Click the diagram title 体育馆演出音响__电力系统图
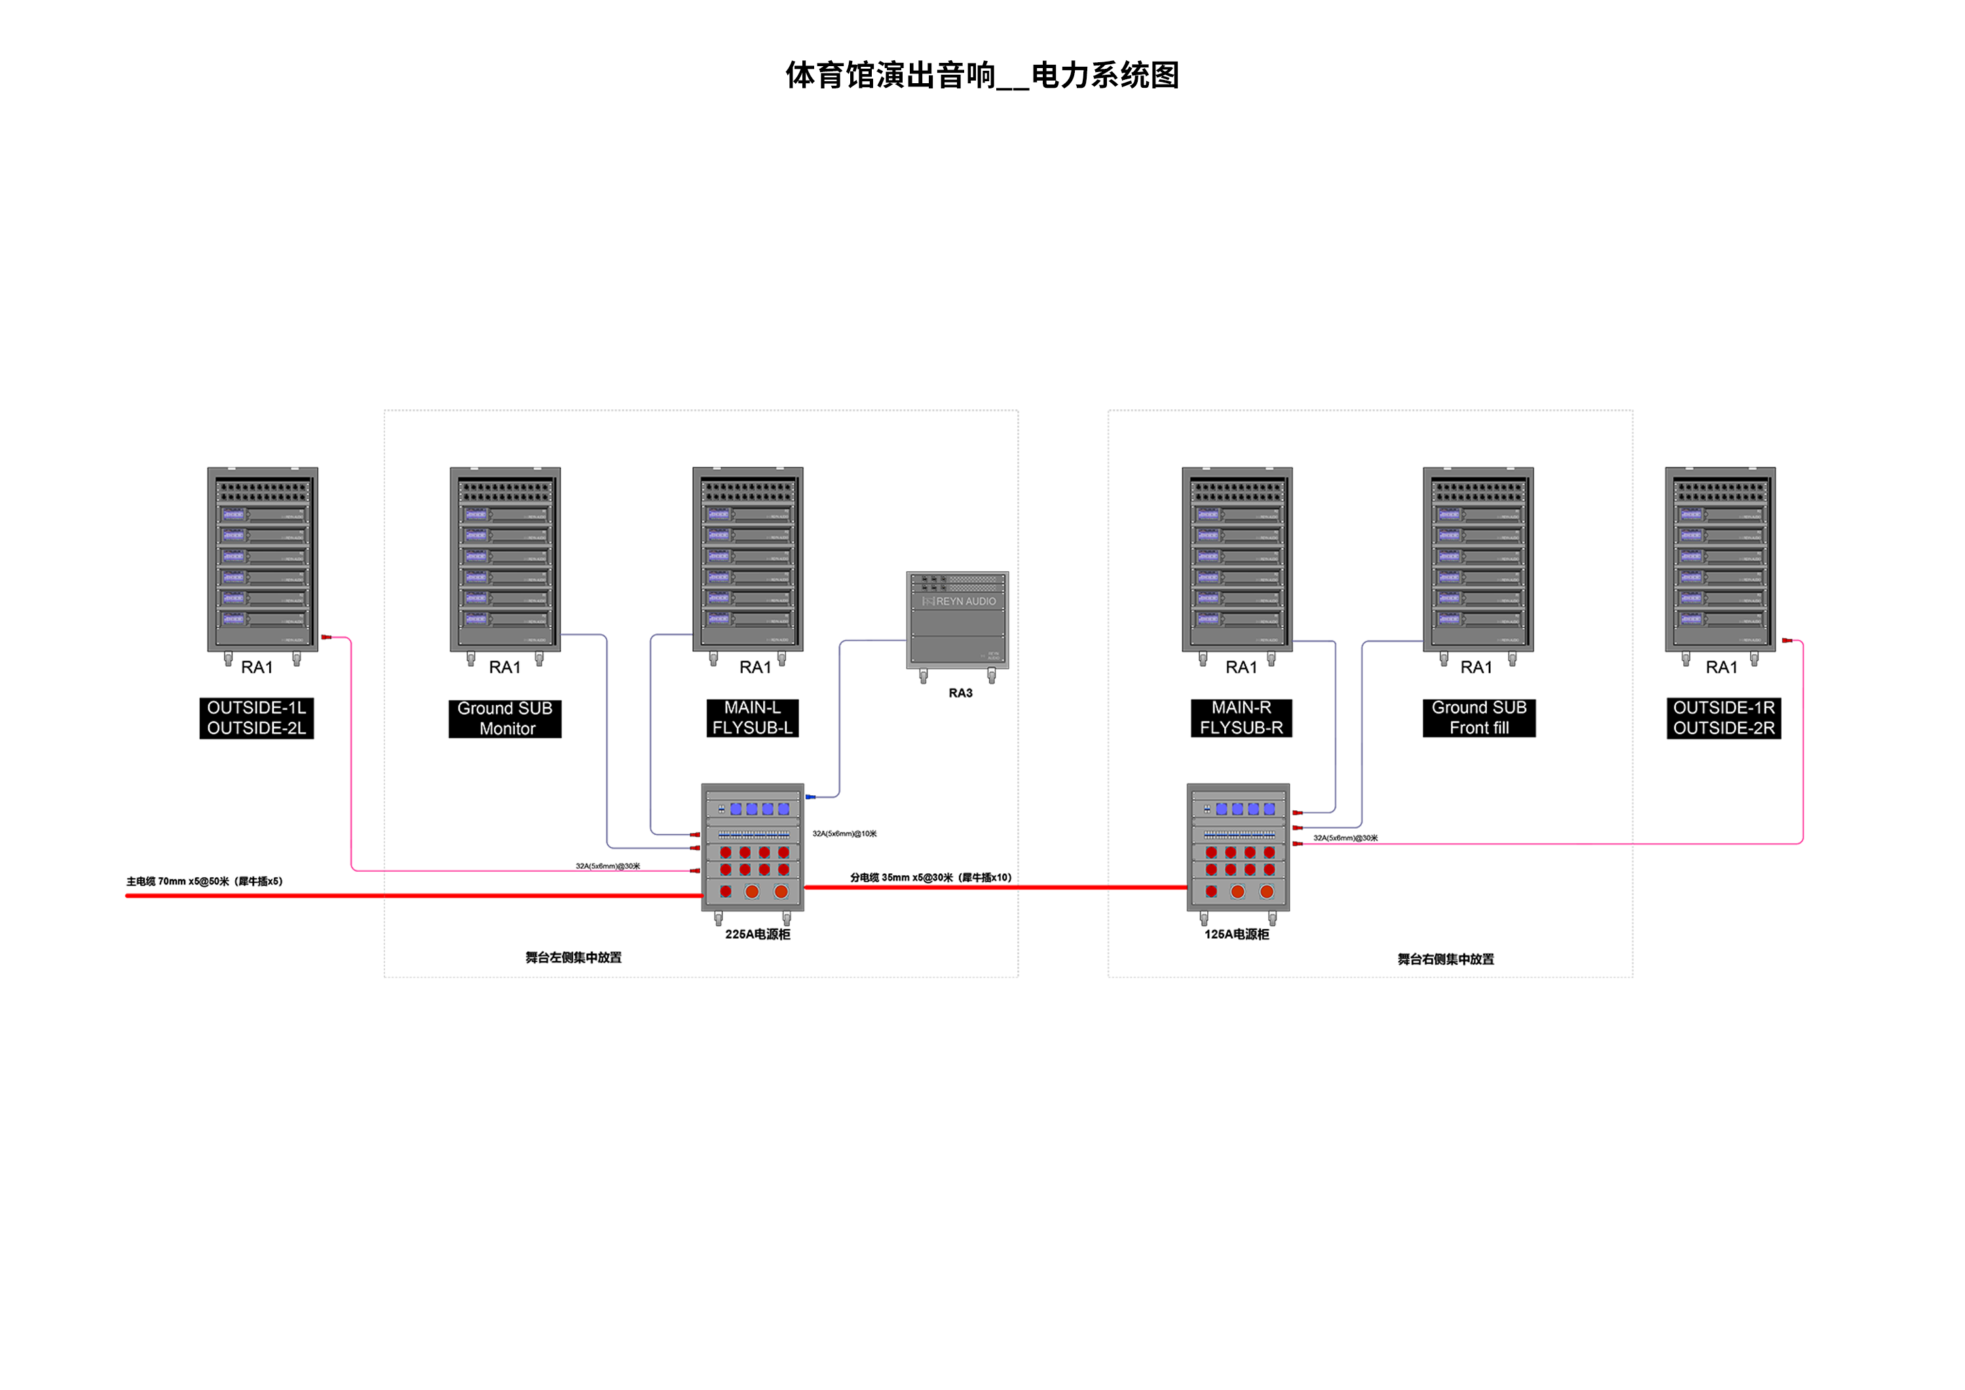tap(982, 75)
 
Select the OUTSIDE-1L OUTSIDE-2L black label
tap(256, 718)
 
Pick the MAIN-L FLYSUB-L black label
tap(753, 718)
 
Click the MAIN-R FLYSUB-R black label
tap(1241, 718)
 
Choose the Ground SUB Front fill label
tap(1479, 718)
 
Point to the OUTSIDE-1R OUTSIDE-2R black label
tap(1724, 718)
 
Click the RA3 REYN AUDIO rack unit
tap(958, 620)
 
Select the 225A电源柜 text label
tap(757, 935)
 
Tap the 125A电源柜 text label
tap(1237, 935)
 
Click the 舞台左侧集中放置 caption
tap(573, 958)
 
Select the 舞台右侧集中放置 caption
tap(1446, 960)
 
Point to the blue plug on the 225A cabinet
tap(810, 797)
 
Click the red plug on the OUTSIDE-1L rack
tap(326, 637)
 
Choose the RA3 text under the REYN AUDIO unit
tap(960, 693)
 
